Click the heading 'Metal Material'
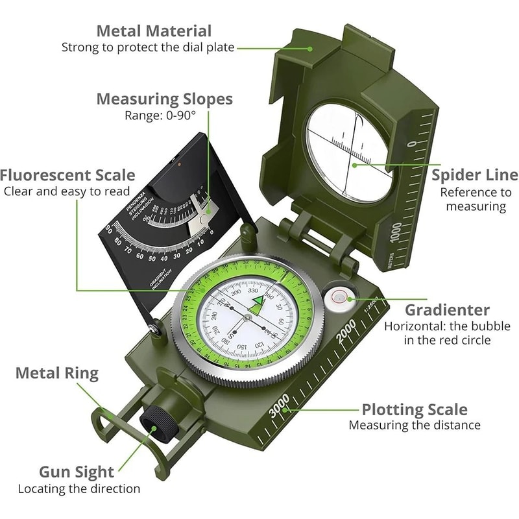click(x=154, y=30)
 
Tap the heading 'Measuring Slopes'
click(x=164, y=99)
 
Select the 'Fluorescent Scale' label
click(x=67, y=175)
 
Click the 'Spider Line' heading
click(x=475, y=175)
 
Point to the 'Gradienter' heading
click(x=447, y=310)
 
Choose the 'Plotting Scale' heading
click(x=414, y=410)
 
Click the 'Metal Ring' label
click(x=57, y=373)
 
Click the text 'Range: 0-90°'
click(x=160, y=116)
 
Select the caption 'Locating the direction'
click(x=78, y=489)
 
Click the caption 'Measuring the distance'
click(x=415, y=426)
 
